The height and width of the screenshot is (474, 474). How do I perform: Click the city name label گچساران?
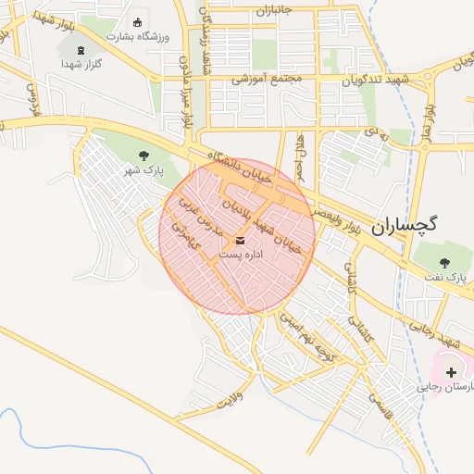[404, 225]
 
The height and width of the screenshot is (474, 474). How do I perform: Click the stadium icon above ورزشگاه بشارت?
[139, 22]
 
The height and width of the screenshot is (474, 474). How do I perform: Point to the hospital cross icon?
[451, 372]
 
